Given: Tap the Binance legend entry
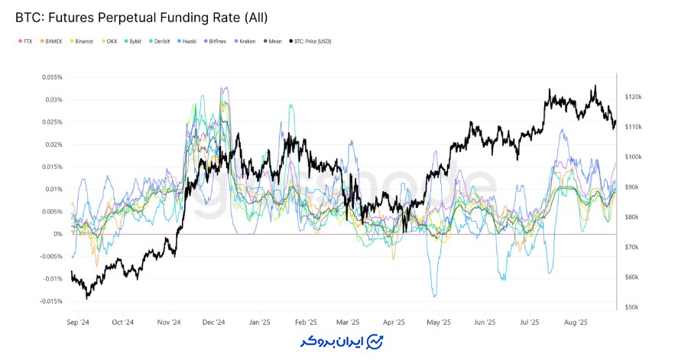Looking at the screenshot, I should click(x=83, y=41).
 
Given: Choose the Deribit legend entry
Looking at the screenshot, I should click(x=159, y=41).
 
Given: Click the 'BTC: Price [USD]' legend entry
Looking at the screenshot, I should click(x=311, y=41).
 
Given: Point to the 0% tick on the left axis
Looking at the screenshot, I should click(x=58, y=234).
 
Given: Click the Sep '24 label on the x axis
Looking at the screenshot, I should click(x=78, y=323).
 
